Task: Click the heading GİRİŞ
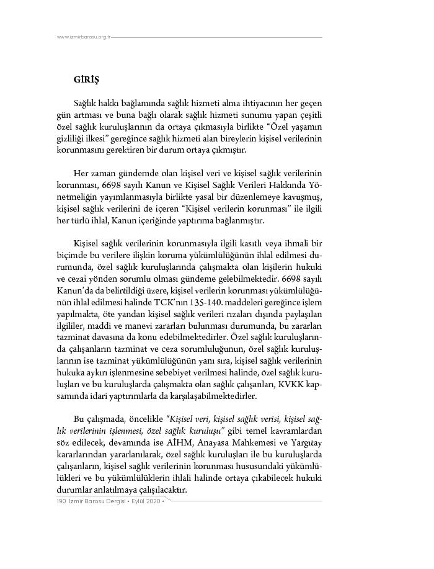(87, 80)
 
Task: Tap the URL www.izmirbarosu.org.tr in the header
(83, 37)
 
